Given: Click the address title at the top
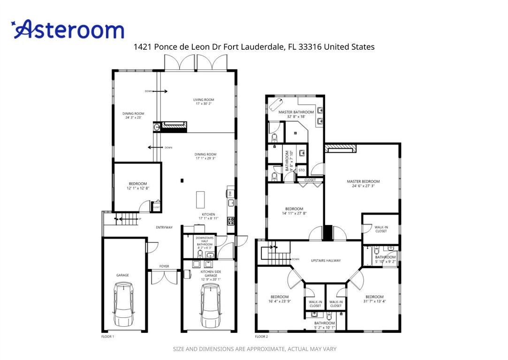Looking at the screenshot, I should click(x=254, y=47).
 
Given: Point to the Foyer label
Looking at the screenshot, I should click(x=164, y=266).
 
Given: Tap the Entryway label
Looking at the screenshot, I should click(x=164, y=227).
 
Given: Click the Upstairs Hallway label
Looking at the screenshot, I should click(x=326, y=261).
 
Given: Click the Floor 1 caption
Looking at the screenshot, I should click(x=108, y=337).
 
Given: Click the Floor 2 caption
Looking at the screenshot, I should click(x=261, y=337).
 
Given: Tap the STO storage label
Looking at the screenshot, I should click(x=302, y=170).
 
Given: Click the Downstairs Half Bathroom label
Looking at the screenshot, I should click(x=205, y=241).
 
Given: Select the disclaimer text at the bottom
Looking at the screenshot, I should click(x=255, y=349).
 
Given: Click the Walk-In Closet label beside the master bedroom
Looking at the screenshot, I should click(x=381, y=229).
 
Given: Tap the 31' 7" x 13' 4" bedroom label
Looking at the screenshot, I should click(x=374, y=299).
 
